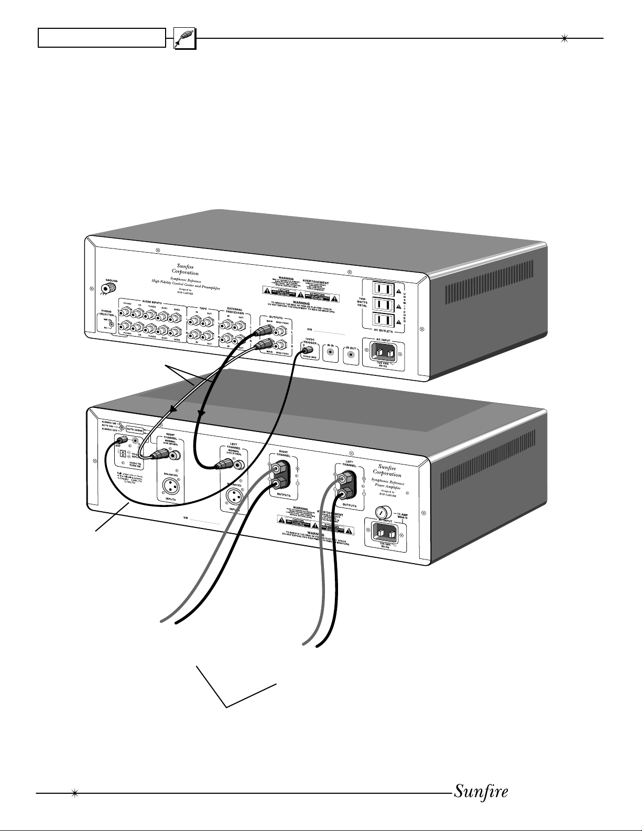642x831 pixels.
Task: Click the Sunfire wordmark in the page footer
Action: click(x=481, y=790)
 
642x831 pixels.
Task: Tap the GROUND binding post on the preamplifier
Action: click(x=108, y=287)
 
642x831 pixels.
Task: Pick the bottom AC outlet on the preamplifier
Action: click(x=382, y=320)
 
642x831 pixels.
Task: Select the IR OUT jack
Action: click(x=351, y=355)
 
